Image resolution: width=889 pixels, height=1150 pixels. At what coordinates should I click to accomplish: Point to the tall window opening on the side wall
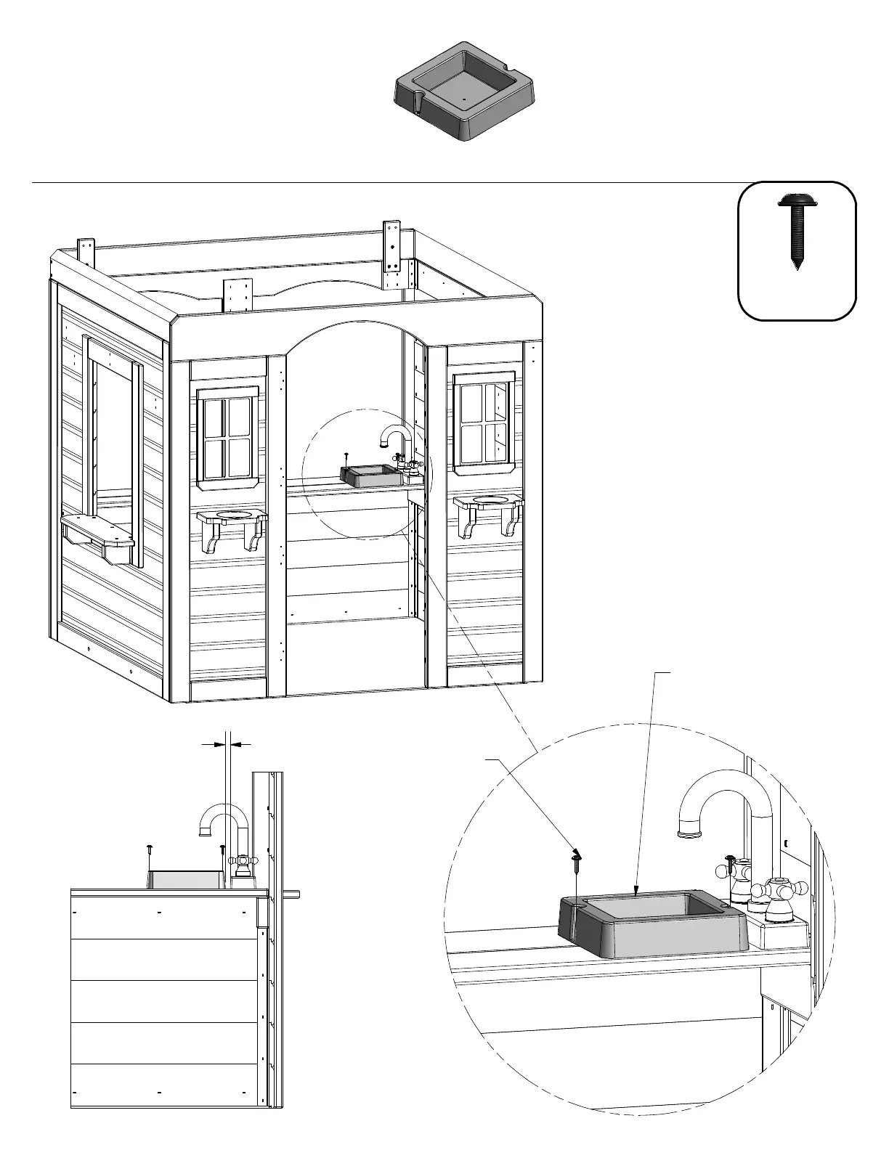pyautogui.click(x=113, y=443)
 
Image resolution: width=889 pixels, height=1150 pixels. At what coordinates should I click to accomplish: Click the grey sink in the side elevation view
pyautogui.click(x=187, y=879)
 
